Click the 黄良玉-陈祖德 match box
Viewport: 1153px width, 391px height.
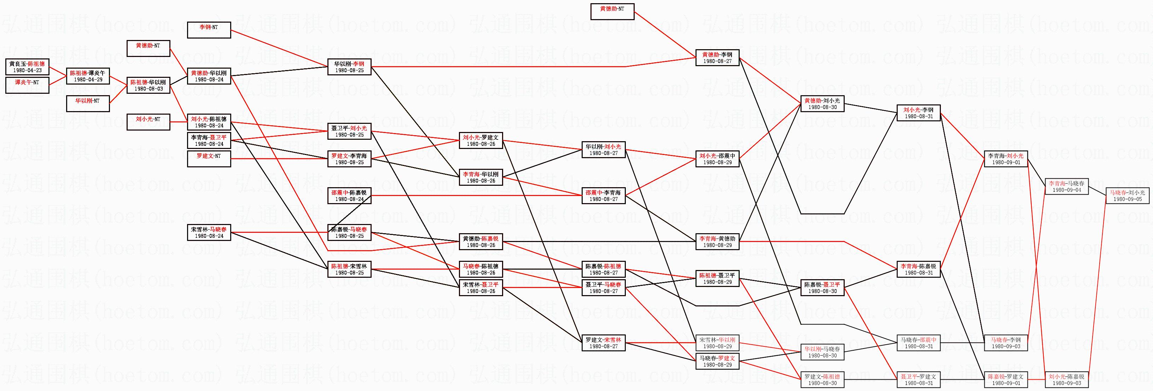coord(27,67)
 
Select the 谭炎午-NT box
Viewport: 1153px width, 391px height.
coord(27,85)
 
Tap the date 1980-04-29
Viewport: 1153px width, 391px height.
coord(88,80)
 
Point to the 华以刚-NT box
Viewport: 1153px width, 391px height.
coord(88,103)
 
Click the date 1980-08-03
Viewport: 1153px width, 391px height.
coord(149,89)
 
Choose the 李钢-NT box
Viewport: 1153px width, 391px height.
coord(209,30)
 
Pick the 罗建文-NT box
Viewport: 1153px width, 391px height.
coord(209,159)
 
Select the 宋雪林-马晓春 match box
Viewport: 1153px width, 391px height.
coord(209,232)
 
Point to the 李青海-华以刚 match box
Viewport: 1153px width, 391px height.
coord(481,177)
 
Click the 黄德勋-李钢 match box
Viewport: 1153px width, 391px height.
coord(717,58)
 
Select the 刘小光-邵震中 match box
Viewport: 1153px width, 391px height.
coord(717,159)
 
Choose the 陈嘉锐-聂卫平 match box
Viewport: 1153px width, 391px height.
coord(822,288)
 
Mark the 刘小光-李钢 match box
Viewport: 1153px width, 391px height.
coord(919,113)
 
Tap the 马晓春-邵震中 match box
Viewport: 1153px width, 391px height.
coord(919,343)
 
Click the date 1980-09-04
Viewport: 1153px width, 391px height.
coord(1067,190)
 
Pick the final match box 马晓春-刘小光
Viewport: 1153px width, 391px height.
coord(1127,196)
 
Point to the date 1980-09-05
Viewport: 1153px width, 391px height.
coord(1127,199)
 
